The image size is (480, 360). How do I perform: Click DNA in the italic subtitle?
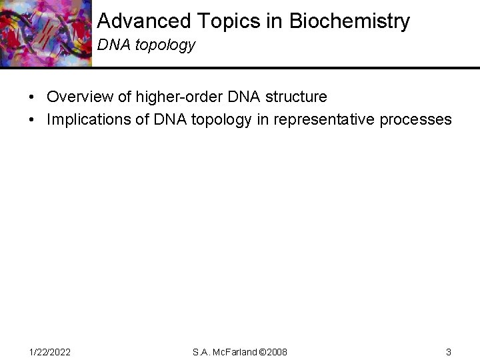coord(111,45)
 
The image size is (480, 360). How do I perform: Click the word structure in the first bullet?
coord(295,97)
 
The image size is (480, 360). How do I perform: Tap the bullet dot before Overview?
coord(32,97)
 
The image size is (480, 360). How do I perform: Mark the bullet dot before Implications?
coord(32,119)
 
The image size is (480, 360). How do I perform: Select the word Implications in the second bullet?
coord(89,119)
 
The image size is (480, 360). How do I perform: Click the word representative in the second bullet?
coord(329,119)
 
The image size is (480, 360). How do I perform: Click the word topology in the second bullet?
coord(214,119)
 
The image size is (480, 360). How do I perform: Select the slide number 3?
coord(449,351)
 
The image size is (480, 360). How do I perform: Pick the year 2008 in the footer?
coord(276,351)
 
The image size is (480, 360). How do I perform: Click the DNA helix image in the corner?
coord(45,33)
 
